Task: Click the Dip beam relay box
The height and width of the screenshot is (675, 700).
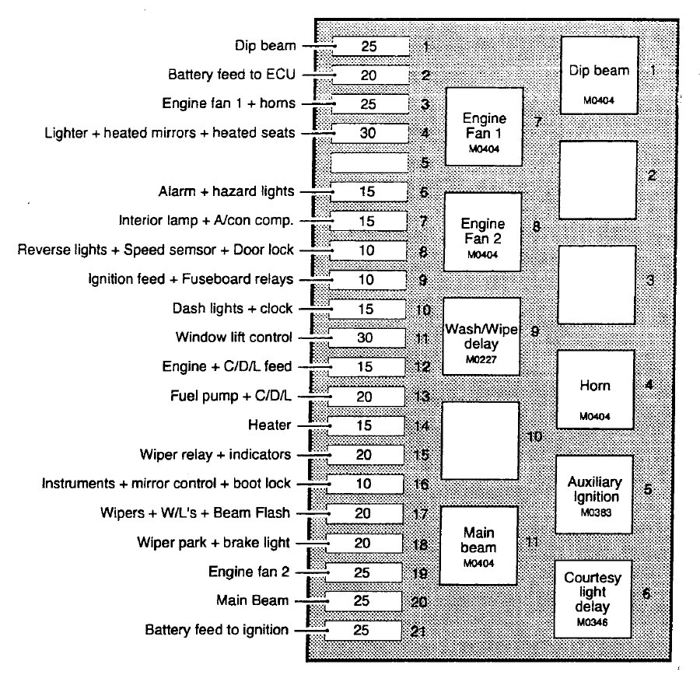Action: tap(599, 75)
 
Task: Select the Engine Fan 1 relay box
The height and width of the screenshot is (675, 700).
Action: tap(484, 126)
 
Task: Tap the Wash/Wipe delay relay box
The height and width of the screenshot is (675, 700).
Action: tap(481, 335)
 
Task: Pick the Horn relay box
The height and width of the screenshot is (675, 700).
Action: tap(595, 389)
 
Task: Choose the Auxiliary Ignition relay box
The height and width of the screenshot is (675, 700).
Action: tap(594, 494)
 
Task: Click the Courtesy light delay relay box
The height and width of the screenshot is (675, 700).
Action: tap(593, 597)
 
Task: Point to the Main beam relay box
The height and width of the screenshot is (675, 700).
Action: tap(479, 545)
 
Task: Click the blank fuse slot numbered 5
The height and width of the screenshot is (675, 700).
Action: tap(369, 163)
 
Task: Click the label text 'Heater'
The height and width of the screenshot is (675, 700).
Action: tap(269, 425)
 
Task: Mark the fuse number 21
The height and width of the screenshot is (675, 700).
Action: tap(418, 630)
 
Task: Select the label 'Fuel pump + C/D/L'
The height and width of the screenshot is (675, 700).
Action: tap(231, 396)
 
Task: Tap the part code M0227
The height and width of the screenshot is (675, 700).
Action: tap(481, 360)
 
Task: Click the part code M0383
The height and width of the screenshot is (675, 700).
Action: tap(593, 514)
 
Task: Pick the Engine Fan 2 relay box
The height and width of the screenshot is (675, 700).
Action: tap(483, 232)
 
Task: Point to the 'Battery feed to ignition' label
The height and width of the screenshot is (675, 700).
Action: tap(217, 630)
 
